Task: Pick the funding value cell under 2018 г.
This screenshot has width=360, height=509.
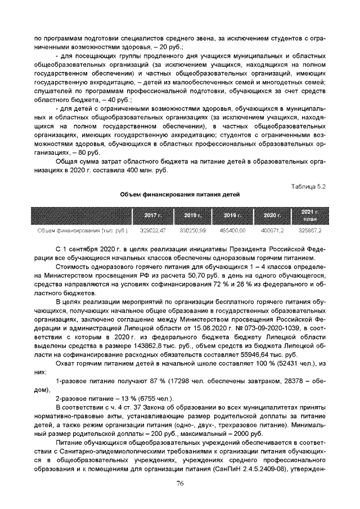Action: point(192,231)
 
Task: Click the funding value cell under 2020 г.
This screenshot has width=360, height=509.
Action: point(272,231)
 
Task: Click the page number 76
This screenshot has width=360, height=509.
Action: point(180,484)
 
